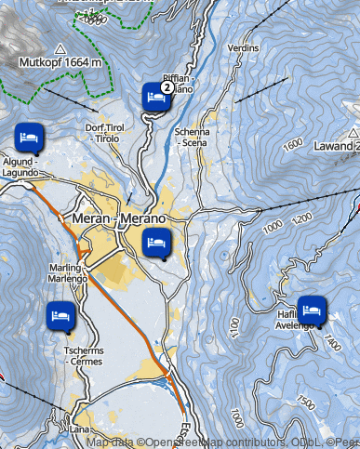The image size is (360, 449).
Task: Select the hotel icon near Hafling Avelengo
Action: [310, 308]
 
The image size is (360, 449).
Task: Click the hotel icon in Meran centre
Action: [155, 244]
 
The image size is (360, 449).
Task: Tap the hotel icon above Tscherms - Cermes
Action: [61, 314]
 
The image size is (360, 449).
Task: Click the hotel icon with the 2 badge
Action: [155, 96]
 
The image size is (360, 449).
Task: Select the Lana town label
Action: [81, 431]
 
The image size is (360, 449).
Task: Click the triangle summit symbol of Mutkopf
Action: [60, 48]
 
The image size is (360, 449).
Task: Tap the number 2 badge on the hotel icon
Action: [166, 86]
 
